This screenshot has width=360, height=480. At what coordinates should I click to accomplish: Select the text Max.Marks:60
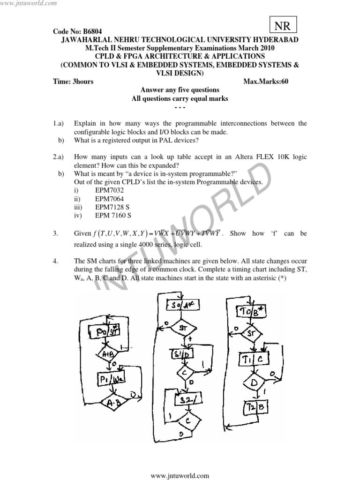click(266, 82)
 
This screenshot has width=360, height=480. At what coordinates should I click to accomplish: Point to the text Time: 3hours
click(74, 82)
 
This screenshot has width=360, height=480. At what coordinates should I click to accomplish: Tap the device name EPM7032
click(109, 190)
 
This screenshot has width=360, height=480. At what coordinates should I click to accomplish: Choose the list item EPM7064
click(109, 199)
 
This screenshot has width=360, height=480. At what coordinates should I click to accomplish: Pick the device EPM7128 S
click(113, 207)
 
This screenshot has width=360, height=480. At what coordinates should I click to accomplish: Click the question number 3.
click(55, 233)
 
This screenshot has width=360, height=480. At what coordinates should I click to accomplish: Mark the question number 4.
click(55, 261)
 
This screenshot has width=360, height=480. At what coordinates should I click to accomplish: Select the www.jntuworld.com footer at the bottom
click(180, 475)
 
